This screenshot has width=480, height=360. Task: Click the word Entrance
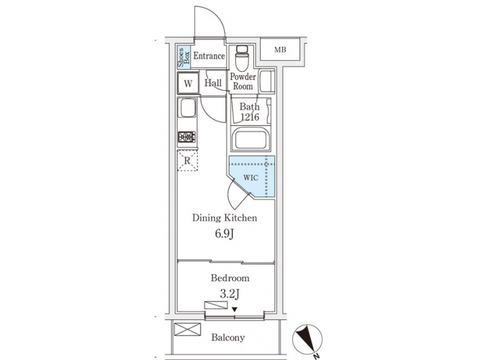coord(209,56)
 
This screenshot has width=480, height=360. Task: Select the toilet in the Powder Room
coord(243,59)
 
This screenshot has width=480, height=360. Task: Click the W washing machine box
coord(188,84)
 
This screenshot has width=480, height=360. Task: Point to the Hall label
coord(213,84)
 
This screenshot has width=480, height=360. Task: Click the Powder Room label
coord(243,82)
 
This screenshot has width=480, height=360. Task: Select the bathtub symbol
coord(251,141)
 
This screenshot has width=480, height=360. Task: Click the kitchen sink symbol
coord(187,109)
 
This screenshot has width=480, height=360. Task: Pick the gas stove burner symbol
coord(187,138)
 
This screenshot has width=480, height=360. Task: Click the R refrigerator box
coord(188,161)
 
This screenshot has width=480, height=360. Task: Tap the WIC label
coord(251,178)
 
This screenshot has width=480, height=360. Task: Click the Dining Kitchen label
coord(224,218)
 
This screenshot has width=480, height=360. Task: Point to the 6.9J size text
coord(224,235)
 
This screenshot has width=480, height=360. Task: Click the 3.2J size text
coord(230,294)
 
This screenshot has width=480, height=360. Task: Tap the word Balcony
coord(228,337)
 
